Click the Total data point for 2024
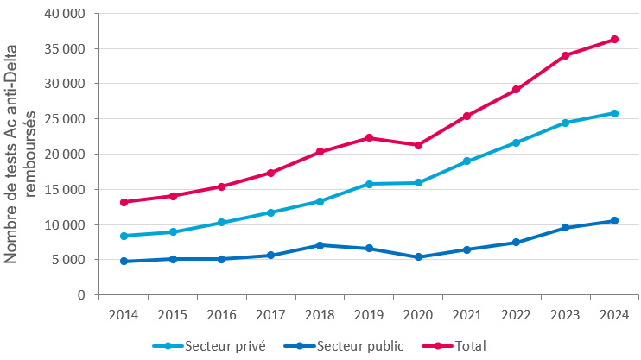click(614, 39)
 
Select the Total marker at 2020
click(418, 145)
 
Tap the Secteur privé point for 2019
click(369, 184)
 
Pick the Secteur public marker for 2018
click(320, 245)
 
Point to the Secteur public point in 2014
click(124, 261)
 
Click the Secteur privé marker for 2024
click(614, 113)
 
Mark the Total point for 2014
click(124, 202)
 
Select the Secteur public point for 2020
click(418, 256)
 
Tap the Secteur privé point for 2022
click(516, 142)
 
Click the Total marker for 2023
click(565, 55)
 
